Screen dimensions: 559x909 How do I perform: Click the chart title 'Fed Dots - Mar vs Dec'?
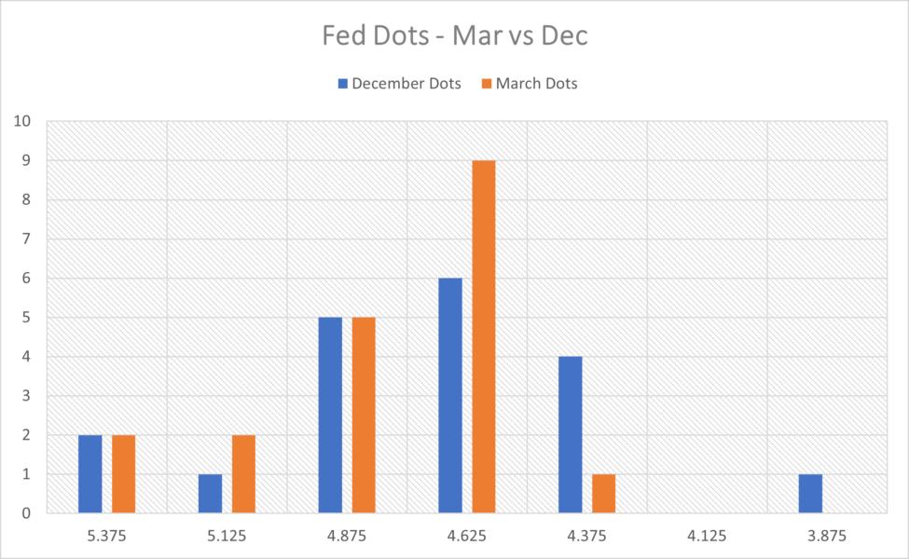pyautogui.click(x=455, y=37)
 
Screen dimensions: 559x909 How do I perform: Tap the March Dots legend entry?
pyautogui.click(x=528, y=84)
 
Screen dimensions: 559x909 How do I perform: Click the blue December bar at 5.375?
pyautogui.click(x=90, y=473)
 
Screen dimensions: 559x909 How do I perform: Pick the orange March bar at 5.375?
pyautogui.click(x=124, y=473)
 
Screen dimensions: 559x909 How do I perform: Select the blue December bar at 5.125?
pyautogui.click(x=211, y=493)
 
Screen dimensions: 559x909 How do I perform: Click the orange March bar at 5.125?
pyautogui.click(x=244, y=473)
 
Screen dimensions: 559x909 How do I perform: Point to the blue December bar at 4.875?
pyautogui.click(x=330, y=415)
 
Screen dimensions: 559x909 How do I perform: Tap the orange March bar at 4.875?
pyautogui.click(x=364, y=415)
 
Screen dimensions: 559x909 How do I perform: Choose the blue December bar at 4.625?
pyautogui.click(x=450, y=395)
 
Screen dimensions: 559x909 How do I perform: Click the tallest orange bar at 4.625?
pyautogui.click(x=484, y=336)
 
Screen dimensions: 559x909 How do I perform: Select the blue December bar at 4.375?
pyautogui.click(x=571, y=434)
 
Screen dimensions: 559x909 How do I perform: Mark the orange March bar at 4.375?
pyautogui.click(x=604, y=493)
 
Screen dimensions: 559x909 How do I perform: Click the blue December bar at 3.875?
pyautogui.click(x=810, y=493)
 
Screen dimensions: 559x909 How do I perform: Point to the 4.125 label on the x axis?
pyautogui.click(x=707, y=537)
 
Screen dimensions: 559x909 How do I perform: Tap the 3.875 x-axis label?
pyautogui.click(x=827, y=537)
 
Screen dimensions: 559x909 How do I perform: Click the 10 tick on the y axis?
pyautogui.click(x=24, y=121)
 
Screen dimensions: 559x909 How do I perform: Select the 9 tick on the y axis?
pyautogui.click(x=28, y=160)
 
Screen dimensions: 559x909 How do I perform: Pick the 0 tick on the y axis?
pyautogui.click(x=28, y=512)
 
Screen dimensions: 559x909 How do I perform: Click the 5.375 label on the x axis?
pyautogui.click(x=107, y=537)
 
